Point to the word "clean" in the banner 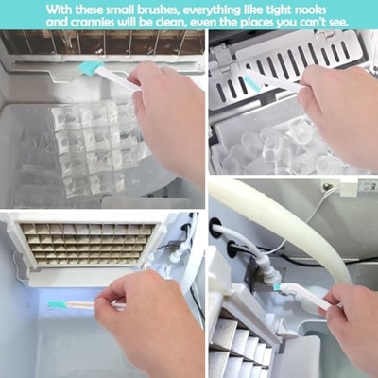(x=170, y=23)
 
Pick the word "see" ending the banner (x=337, y=24)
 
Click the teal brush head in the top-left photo (x=91, y=68)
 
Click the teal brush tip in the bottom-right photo (x=278, y=287)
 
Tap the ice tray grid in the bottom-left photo (x=87, y=244)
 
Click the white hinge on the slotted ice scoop (x=222, y=57)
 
